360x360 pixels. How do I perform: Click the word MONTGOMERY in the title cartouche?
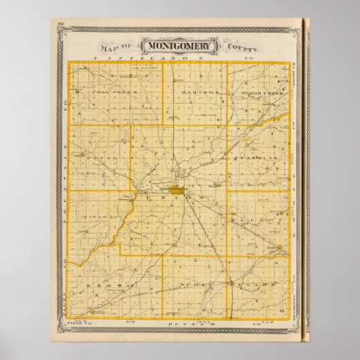click(x=179, y=47)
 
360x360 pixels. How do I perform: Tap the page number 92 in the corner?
click(x=60, y=24)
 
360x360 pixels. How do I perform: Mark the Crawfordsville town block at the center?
click(x=177, y=192)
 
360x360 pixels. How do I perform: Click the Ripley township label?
click(x=96, y=219)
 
